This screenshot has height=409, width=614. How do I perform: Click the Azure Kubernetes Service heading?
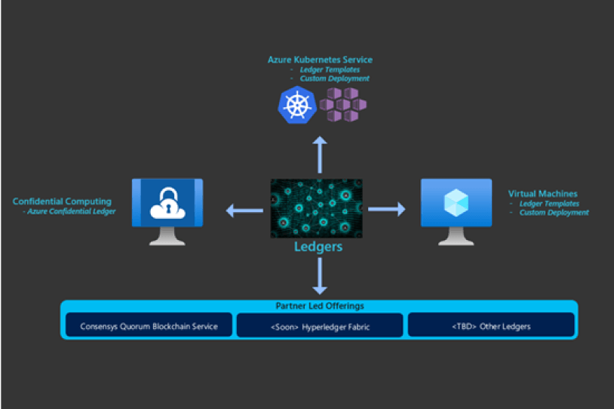tap(320, 60)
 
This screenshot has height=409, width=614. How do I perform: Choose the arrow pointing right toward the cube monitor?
tap(386, 209)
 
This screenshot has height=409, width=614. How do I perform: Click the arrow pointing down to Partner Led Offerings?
tap(320, 275)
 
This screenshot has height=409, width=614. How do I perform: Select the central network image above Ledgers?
tap(316, 208)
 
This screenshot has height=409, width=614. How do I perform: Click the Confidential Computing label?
tap(62, 201)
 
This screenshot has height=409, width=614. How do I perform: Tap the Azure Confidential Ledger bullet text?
tap(69, 212)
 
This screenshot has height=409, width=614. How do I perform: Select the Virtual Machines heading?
tap(543, 194)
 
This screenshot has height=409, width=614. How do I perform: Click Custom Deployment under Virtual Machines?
tap(554, 213)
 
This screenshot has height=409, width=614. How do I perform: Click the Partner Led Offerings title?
tap(318, 306)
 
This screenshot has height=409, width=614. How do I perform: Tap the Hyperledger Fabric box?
tap(320, 326)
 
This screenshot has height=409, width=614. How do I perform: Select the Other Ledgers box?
tap(491, 326)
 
